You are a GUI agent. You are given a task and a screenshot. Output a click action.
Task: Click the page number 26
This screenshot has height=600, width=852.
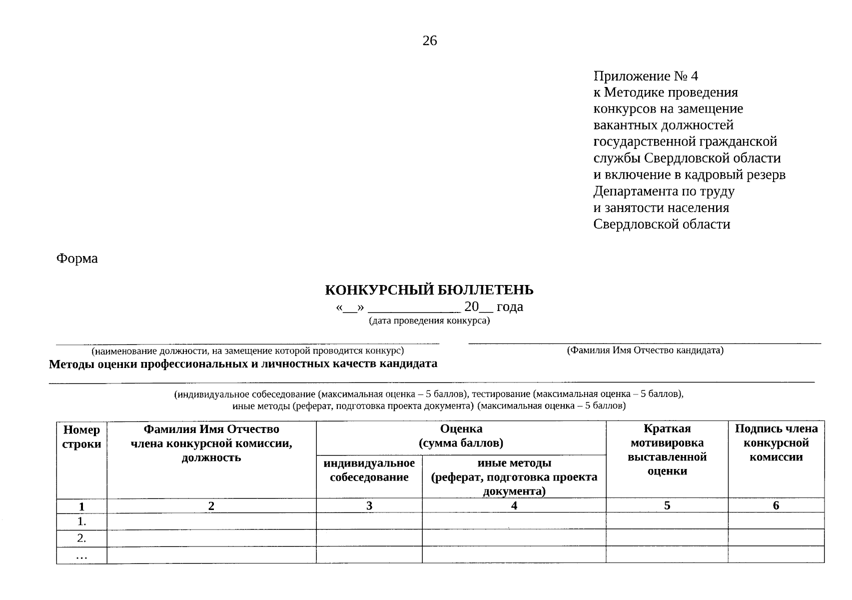429,41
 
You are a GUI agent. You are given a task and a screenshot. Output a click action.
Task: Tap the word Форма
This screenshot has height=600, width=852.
77,258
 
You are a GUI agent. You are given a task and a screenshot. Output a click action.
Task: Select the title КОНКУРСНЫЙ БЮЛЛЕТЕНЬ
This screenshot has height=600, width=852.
429,290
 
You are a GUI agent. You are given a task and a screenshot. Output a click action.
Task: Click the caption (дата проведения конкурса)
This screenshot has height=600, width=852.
429,320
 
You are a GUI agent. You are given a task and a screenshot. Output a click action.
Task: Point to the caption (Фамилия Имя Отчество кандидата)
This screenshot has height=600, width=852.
645,350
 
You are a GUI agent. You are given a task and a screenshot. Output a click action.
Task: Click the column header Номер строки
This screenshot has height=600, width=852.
81,436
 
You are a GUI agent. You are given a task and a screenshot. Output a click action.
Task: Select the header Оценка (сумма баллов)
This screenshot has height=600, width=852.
461,436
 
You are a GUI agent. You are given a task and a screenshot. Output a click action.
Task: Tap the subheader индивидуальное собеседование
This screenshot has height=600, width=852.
369,470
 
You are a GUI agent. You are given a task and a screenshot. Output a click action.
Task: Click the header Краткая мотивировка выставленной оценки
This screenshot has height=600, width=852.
667,449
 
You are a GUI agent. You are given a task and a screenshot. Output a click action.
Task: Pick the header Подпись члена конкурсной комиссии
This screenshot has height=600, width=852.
776,442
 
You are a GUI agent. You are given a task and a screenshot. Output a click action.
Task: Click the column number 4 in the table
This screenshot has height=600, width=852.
514,505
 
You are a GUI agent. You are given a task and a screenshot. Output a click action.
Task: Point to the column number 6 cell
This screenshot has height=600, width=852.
776,505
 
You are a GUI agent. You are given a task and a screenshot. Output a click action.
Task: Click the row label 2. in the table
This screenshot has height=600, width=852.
81,538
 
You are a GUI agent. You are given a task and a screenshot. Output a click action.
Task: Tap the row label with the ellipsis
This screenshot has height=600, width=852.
81,555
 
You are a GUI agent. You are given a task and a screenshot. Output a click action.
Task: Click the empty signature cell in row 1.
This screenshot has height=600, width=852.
776,521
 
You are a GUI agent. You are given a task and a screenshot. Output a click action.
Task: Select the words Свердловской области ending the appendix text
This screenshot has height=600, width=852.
662,224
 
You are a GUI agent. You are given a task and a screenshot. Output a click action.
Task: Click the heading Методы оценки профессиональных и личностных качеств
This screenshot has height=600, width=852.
243,363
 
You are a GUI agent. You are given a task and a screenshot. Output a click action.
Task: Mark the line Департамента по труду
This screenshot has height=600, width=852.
664,191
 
